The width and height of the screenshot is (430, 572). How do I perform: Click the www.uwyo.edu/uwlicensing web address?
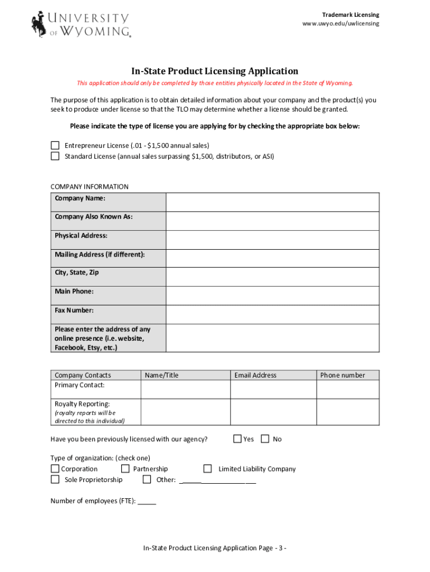coord(341,23)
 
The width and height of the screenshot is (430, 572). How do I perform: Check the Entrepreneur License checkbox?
coord(55,145)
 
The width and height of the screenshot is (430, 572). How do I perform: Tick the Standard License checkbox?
coord(55,156)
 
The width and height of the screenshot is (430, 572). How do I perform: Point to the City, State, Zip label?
coord(77,273)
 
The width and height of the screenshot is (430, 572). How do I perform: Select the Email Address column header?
coord(255,375)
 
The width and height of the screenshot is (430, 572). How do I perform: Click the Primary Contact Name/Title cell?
coord(185,389)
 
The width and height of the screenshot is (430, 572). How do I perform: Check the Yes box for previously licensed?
coord(237,439)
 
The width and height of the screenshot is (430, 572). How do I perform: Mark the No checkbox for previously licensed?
coord(265,439)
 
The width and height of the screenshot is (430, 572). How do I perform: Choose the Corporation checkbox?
coord(55,469)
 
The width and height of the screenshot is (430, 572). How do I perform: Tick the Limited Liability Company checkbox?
coord(207,469)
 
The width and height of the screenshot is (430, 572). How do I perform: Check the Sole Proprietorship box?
coord(55,479)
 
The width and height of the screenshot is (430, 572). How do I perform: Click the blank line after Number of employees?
coord(147,502)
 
